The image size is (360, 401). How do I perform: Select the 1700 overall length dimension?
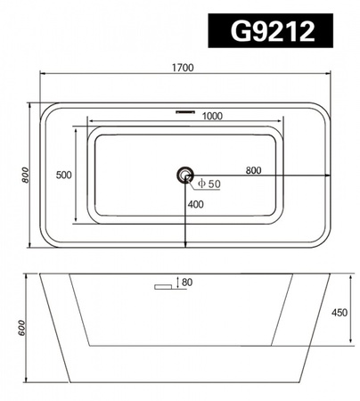click(184, 68)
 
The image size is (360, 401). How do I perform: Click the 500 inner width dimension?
click(63, 176)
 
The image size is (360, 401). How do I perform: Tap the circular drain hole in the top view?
click(185, 175)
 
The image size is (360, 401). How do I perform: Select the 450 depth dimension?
click(339, 313)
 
